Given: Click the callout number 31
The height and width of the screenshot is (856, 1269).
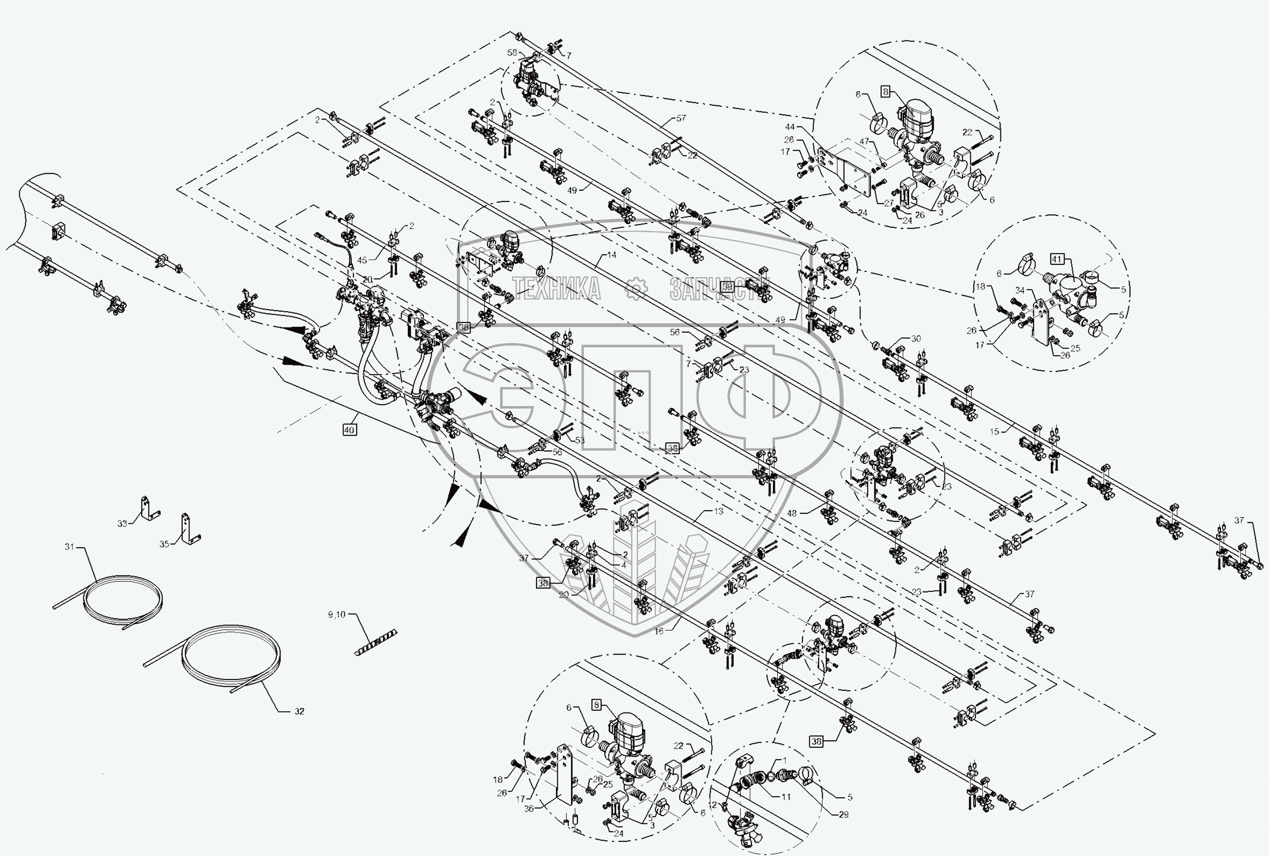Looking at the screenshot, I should [69, 547].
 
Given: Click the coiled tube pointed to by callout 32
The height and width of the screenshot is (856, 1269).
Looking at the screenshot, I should [232, 655].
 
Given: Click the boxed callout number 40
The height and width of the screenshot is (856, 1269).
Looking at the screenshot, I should [349, 430].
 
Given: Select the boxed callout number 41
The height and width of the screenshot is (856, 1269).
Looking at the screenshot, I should [1057, 260].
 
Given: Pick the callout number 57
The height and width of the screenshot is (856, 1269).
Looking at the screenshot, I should [681, 118].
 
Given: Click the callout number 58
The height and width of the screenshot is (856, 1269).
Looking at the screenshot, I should [512, 52].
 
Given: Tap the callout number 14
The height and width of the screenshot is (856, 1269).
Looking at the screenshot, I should [611, 255].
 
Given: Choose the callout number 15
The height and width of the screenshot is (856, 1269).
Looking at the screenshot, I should [994, 431].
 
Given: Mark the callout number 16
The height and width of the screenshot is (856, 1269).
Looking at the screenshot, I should [659, 631].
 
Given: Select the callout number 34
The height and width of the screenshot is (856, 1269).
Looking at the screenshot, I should [1020, 290].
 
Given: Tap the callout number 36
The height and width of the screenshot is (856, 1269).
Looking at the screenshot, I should [529, 808].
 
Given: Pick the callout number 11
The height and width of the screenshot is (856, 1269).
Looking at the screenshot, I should [786, 797].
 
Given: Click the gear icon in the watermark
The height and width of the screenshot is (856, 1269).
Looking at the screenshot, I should [634, 288].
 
